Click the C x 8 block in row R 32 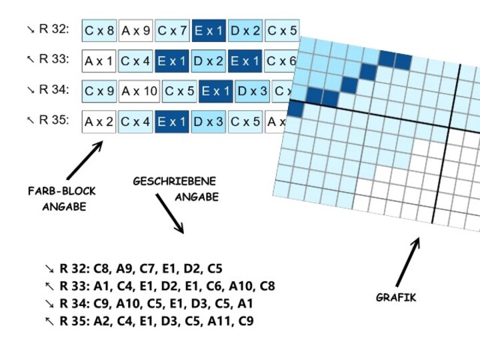(x=99, y=31)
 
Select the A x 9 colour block (x=136, y=31)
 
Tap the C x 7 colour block (x=173, y=31)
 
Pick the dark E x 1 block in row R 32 (x=209, y=31)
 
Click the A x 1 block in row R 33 (x=99, y=61)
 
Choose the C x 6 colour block (x=280, y=61)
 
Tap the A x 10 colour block (x=139, y=91)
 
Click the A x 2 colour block (x=99, y=121)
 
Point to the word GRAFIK (x=396, y=297)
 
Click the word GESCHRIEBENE (x=175, y=181)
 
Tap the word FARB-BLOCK (x=62, y=191)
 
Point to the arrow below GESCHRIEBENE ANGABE (x=170, y=213)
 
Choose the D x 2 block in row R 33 (x=209, y=61)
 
